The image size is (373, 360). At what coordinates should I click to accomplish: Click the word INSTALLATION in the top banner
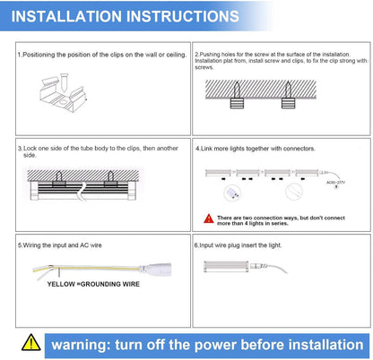click(x=66, y=16)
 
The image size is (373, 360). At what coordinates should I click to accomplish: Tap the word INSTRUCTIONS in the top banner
click(x=183, y=16)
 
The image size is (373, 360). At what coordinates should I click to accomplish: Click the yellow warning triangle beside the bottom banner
click(x=31, y=342)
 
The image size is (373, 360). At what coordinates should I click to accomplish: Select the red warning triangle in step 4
click(x=209, y=219)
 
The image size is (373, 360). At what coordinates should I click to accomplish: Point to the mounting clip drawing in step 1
click(x=64, y=95)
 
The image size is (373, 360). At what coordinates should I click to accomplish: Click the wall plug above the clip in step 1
click(x=64, y=82)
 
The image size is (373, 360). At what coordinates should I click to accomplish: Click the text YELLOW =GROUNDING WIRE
click(x=93, y=284)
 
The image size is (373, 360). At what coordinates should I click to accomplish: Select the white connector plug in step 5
click(x=155, y=269)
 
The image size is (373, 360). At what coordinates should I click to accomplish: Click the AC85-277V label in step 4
click(x=335, y=182)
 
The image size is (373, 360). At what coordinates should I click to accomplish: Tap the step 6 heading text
click(x=238, y=245)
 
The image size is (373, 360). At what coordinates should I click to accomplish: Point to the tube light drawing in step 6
click(x=226, y=267)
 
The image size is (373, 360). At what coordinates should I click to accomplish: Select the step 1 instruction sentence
click(x=102, y=55)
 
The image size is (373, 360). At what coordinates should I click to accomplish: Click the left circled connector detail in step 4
click(x=232, y=193)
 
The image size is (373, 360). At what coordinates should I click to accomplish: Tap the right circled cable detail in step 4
click(x=294, y=192)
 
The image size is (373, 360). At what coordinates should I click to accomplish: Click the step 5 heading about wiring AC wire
click(x=60, y=245)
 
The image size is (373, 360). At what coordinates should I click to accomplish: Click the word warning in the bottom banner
click(x=79, y=345)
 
